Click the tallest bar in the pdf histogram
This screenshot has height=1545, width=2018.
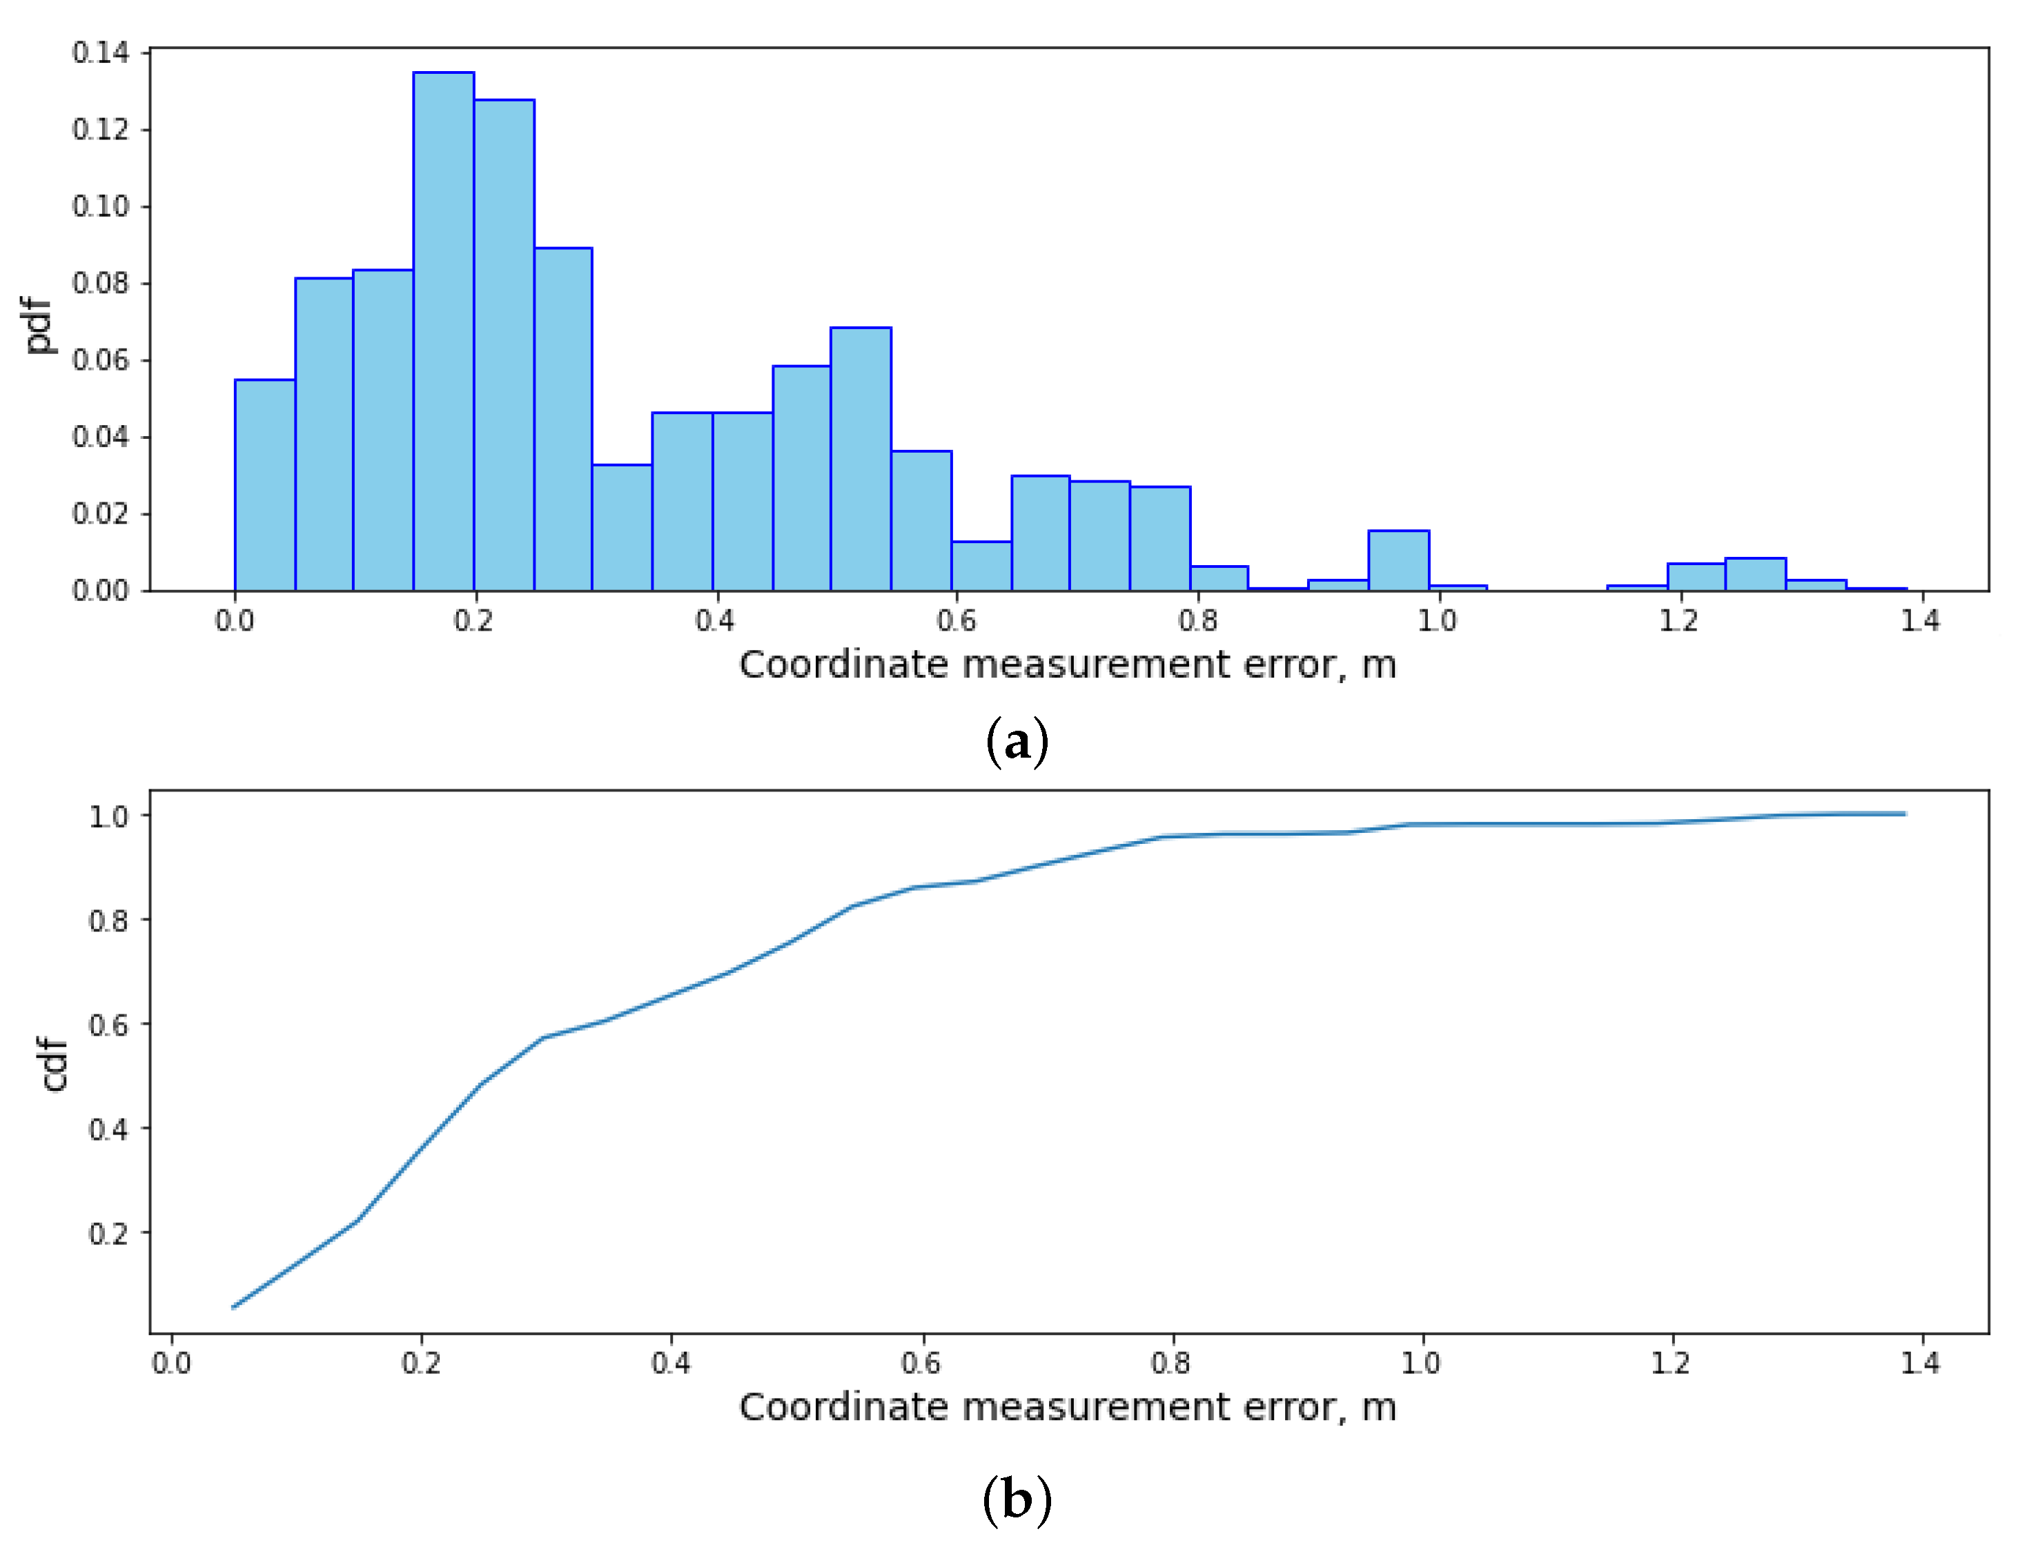(x=443, y=331)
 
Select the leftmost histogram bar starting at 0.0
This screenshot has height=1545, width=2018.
(x=265, y=484)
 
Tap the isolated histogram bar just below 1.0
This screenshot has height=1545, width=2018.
(x=1398, y=560)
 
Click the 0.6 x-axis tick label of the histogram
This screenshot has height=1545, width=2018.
(x=956, y=621)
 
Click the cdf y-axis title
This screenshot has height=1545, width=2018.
(x=55, y=1064)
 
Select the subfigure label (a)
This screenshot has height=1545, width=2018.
(x=1017, y=741)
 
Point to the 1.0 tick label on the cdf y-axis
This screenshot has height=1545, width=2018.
(x=108, y=816)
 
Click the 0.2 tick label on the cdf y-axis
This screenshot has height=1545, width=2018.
(x=108, y=1233)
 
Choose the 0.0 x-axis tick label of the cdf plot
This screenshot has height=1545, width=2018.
(x=171, y=1362)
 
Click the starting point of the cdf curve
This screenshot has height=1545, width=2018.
(x=234, y=1307)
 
